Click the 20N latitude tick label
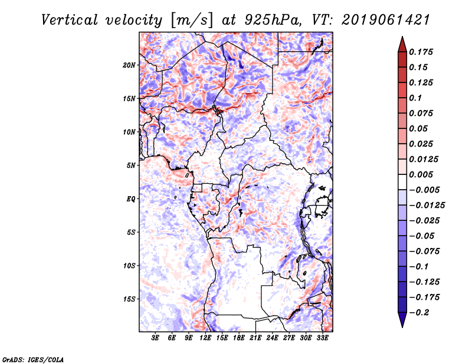coord(129,65)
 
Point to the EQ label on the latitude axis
coord(131,198)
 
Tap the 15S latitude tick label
coord(129,299)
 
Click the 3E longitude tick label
coord(156,338)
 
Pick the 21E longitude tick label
coord(255,338)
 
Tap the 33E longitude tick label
coord(322,338)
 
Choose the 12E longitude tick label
coord(205,338)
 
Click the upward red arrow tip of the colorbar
coord(401,39)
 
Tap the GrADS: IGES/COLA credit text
coord(32,358)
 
